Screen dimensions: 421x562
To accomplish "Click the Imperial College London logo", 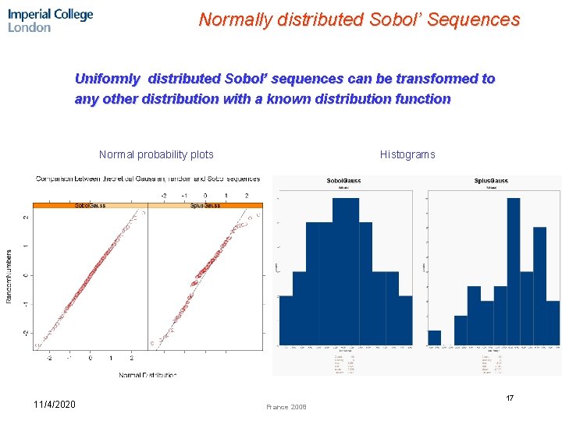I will click(50, 20).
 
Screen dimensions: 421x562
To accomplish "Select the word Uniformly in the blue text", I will click(108, 79).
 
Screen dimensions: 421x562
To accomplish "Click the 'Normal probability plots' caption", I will click(156, 154).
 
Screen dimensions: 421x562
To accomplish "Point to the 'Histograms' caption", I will click(407, 154).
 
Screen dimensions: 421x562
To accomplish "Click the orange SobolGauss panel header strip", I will click(91, 205).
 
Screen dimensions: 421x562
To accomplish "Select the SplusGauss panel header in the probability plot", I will click(205, 205).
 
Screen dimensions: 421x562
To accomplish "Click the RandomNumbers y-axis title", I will click(10, 277).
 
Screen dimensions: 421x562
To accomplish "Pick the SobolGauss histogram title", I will click(343, 181).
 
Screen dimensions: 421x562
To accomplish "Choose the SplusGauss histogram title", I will click(491, 181).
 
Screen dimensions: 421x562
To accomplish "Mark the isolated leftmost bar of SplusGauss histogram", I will click(434, 338).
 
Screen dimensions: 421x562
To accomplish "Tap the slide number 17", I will click(510, 398).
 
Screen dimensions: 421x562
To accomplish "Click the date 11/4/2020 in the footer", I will click(55, 404).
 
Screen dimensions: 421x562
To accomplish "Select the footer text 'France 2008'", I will click(286, 407).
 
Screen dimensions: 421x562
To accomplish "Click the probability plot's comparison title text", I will click(148, 179).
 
